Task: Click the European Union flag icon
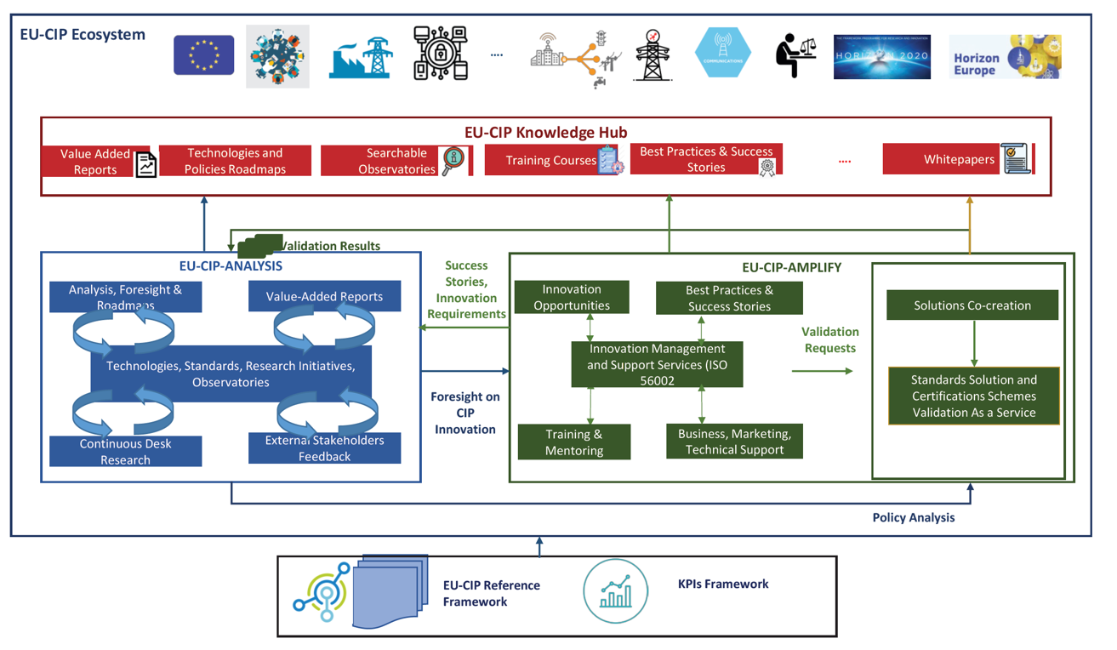click(x=204, y=55)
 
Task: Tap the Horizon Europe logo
click(x=1005, y=57)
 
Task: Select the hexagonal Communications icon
click(x=722, y=53)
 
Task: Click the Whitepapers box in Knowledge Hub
click(x=958, y=159)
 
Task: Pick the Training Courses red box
click(x=551, y=160)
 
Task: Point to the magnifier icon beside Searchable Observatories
click(x=454, y=159)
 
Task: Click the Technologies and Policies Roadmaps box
click(x=235, y=161)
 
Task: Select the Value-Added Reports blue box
click(x=324, y=297)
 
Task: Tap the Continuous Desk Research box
click(x=125, y=452)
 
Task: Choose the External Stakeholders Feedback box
click(x=324, y=448)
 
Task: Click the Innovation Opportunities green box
click(x=572, y=298)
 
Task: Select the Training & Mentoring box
click(x=574, y=442)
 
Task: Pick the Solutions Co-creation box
click(x=972, y=305)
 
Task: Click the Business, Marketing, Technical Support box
click(x=734, y=442)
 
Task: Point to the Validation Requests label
click(x=830, y=339)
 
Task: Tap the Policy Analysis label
click(x=914, y=517)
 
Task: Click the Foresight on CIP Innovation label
click(x=464, y=413)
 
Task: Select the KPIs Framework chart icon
click(x=615, y=590)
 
